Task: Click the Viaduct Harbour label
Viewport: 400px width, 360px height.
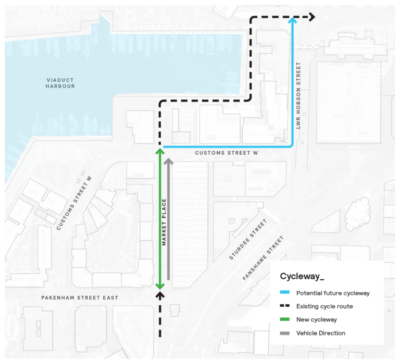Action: (60, 83)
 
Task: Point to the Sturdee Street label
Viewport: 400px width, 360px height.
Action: (248, 239)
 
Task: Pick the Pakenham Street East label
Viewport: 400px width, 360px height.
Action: (80, 297)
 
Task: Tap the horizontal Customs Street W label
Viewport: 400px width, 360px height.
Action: (227, 153)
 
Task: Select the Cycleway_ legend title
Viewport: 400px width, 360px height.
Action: (302, 276)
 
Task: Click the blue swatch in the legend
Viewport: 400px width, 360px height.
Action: (285, 293)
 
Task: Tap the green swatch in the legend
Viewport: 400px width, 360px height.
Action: (285, 319)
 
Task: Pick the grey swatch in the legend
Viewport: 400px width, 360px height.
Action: (285, 333)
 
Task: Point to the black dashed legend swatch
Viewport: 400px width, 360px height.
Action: (285, 306)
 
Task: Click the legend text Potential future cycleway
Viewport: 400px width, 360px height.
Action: (332, 293)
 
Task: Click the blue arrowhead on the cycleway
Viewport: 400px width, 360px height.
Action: (293, 21)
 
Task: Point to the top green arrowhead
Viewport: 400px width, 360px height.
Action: (160, 152)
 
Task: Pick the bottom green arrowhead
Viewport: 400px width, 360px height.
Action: (160, 285)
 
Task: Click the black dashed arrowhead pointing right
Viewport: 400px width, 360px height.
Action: (312, 17)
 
